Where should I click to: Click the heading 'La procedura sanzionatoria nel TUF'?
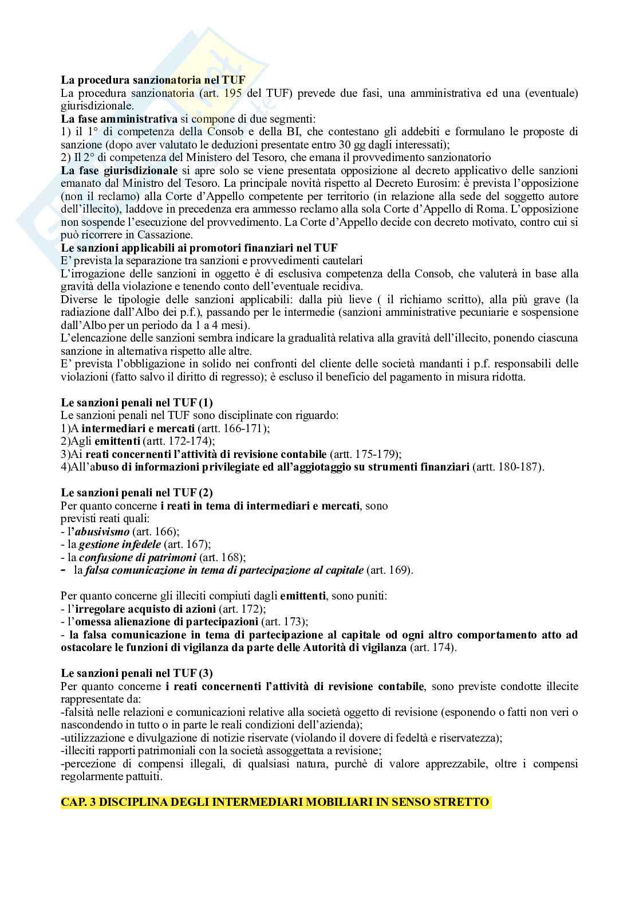153,81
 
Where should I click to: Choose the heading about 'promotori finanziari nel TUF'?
199,248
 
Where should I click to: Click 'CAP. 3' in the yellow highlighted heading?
77,802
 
